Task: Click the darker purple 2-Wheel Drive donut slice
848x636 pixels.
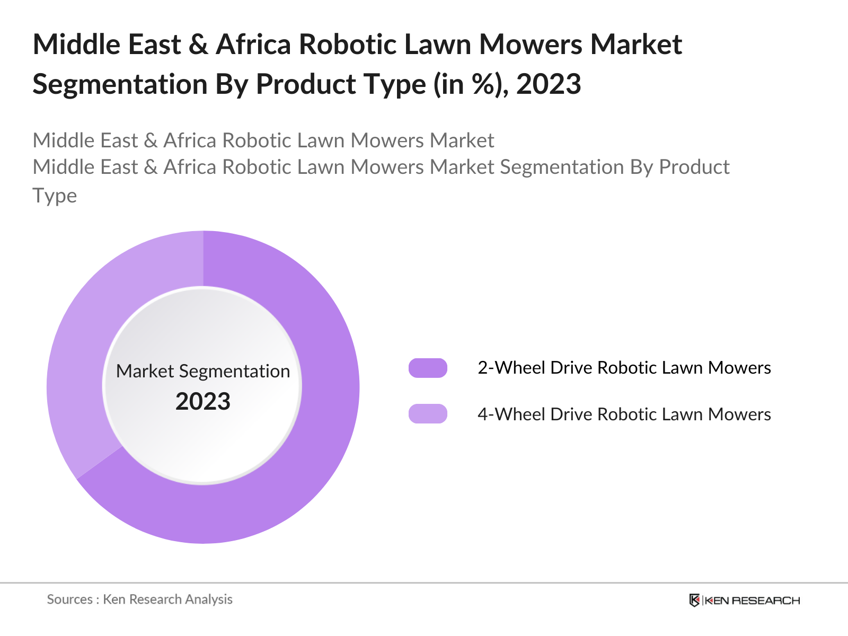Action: [297, 477]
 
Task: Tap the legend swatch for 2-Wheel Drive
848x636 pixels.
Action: [428, 368]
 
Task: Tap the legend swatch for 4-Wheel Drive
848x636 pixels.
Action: [428, 413]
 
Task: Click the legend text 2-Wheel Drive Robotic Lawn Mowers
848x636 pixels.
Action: [624, 368]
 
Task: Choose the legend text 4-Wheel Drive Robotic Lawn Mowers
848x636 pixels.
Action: [624, 414]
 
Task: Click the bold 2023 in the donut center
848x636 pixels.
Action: [203, 402]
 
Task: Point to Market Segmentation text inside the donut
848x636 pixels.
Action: [203, 371]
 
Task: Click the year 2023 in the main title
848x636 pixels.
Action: [549, 84]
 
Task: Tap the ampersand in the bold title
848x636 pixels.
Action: [198, 44]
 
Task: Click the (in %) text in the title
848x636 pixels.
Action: [468, 84]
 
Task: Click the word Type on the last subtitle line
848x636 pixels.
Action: [55, 196]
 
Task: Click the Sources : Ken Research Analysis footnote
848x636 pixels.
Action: [140, 599]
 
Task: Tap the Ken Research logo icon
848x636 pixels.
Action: [694, 600]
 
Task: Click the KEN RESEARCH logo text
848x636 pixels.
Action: [752, 600]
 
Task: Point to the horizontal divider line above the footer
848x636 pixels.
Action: [424, 583]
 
